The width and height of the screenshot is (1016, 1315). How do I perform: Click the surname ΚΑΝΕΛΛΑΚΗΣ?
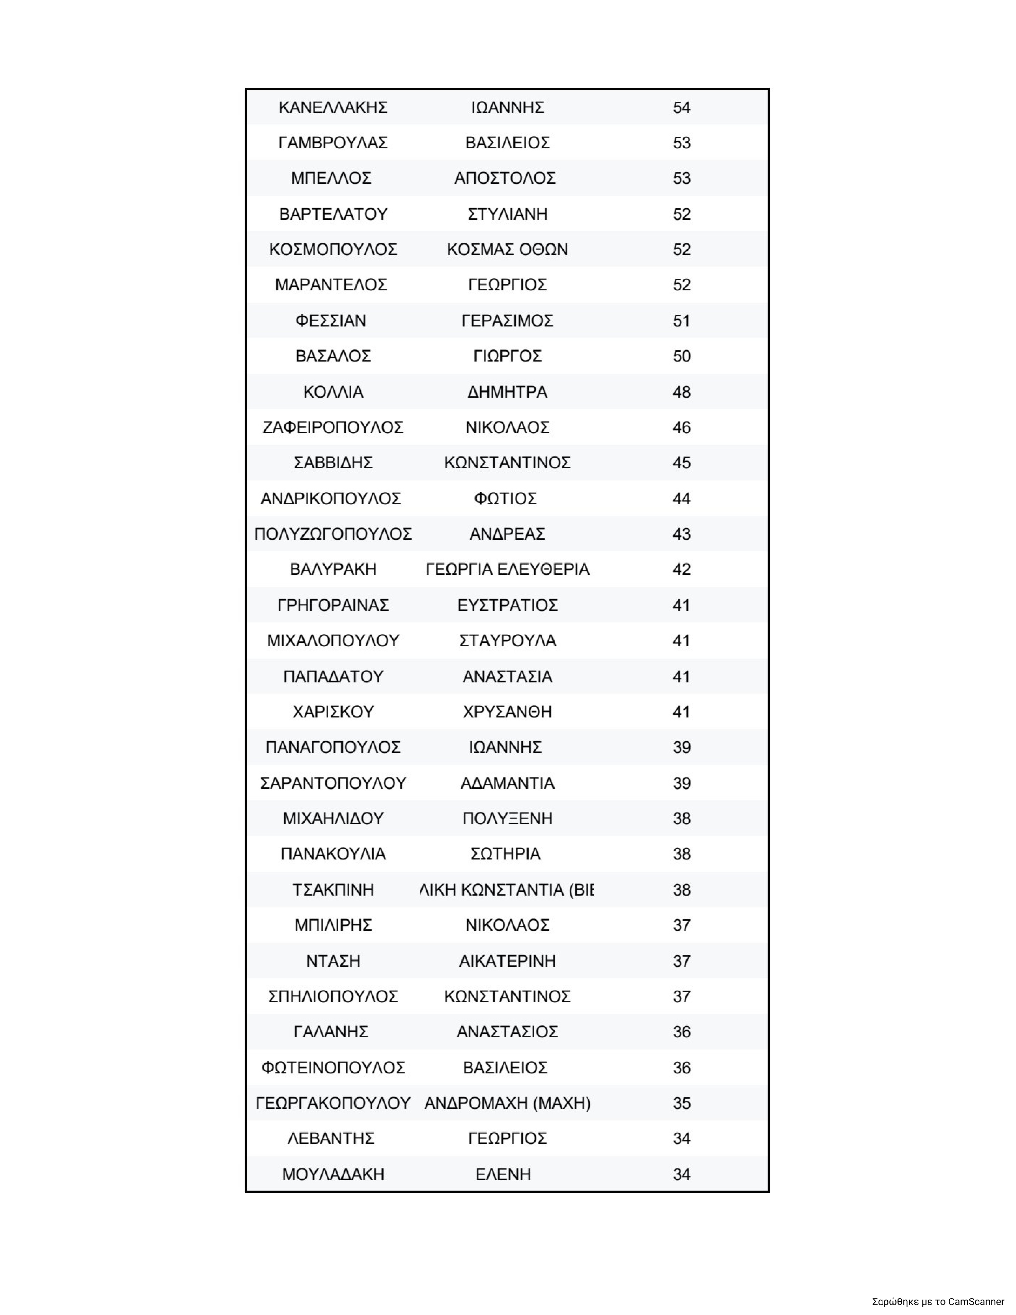coord(333,108)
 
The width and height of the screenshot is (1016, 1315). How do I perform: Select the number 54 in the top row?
coord(681,108)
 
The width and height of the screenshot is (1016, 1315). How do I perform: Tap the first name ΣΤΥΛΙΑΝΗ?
coord(507,214)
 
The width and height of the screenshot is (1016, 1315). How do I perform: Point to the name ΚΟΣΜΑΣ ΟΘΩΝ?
coord(507,249)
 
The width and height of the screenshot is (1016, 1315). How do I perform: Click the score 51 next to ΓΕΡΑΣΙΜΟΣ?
coord(681,321)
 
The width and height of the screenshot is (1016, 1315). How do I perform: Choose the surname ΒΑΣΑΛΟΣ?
coord(333,356)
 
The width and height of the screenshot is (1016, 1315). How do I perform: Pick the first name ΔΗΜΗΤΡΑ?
coord(507,392)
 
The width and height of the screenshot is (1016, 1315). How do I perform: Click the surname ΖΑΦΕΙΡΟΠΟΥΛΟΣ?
coord(333,427)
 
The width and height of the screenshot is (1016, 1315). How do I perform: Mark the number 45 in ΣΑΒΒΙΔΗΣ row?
coord(681,463)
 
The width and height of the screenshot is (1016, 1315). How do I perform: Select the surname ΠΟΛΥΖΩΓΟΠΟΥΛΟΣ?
coord(333,534)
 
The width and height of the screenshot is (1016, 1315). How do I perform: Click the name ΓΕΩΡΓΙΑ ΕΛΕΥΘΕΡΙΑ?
coord(507,569)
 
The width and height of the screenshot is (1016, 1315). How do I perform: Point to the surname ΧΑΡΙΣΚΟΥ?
coord(333,712)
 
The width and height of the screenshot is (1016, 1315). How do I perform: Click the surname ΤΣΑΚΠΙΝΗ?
coord(333,890)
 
